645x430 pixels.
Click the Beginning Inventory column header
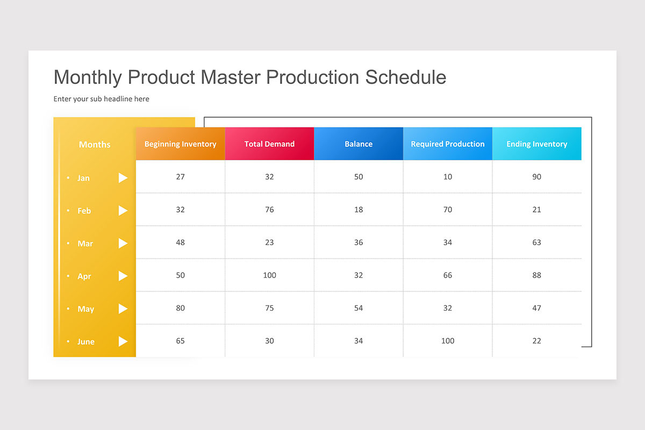pos(180,144)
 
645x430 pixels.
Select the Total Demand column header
pos(269,144)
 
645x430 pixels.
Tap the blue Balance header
pos(359,144)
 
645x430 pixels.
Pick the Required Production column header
pos(448,144)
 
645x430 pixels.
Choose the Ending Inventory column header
pos(536,144)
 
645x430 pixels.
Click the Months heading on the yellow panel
pos(95,145)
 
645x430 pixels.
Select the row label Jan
pos(83,178)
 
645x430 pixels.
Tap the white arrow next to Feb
pos(123,211)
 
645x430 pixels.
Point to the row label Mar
pos(85,243)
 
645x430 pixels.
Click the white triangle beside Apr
pos(123,276)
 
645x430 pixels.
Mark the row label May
pos(85,309)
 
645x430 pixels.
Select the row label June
pos(85,342)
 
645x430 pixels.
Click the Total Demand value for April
pos(269,275)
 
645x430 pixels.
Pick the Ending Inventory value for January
pos(536,177)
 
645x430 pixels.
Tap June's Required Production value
pos(448,341)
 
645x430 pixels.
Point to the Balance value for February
pos(359,210)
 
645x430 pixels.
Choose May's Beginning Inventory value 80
pos(180,308)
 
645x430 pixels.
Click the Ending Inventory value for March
pos(536,242)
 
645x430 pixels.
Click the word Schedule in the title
pos(406,77)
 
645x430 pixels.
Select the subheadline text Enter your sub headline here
pos(101,99)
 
